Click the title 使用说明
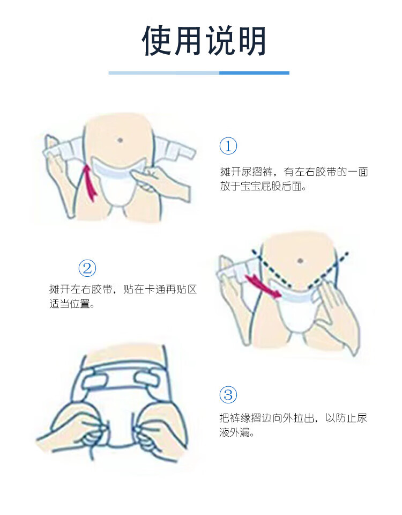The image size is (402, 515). tap(204, 41)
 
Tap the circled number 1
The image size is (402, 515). tap(228, 146)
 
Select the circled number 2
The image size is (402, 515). tap(87, 268)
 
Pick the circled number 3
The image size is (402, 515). tap(228, 394)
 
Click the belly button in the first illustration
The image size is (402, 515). tap(120, 140)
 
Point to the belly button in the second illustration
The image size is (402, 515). tap(300, 261)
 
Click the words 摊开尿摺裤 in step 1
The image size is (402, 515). tap(246, 172)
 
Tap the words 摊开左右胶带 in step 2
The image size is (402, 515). tap(81, 289)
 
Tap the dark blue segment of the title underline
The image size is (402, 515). tap(254, 73)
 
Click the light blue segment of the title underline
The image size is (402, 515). tap(164, 73)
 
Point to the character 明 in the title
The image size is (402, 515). tap(251, 41)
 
